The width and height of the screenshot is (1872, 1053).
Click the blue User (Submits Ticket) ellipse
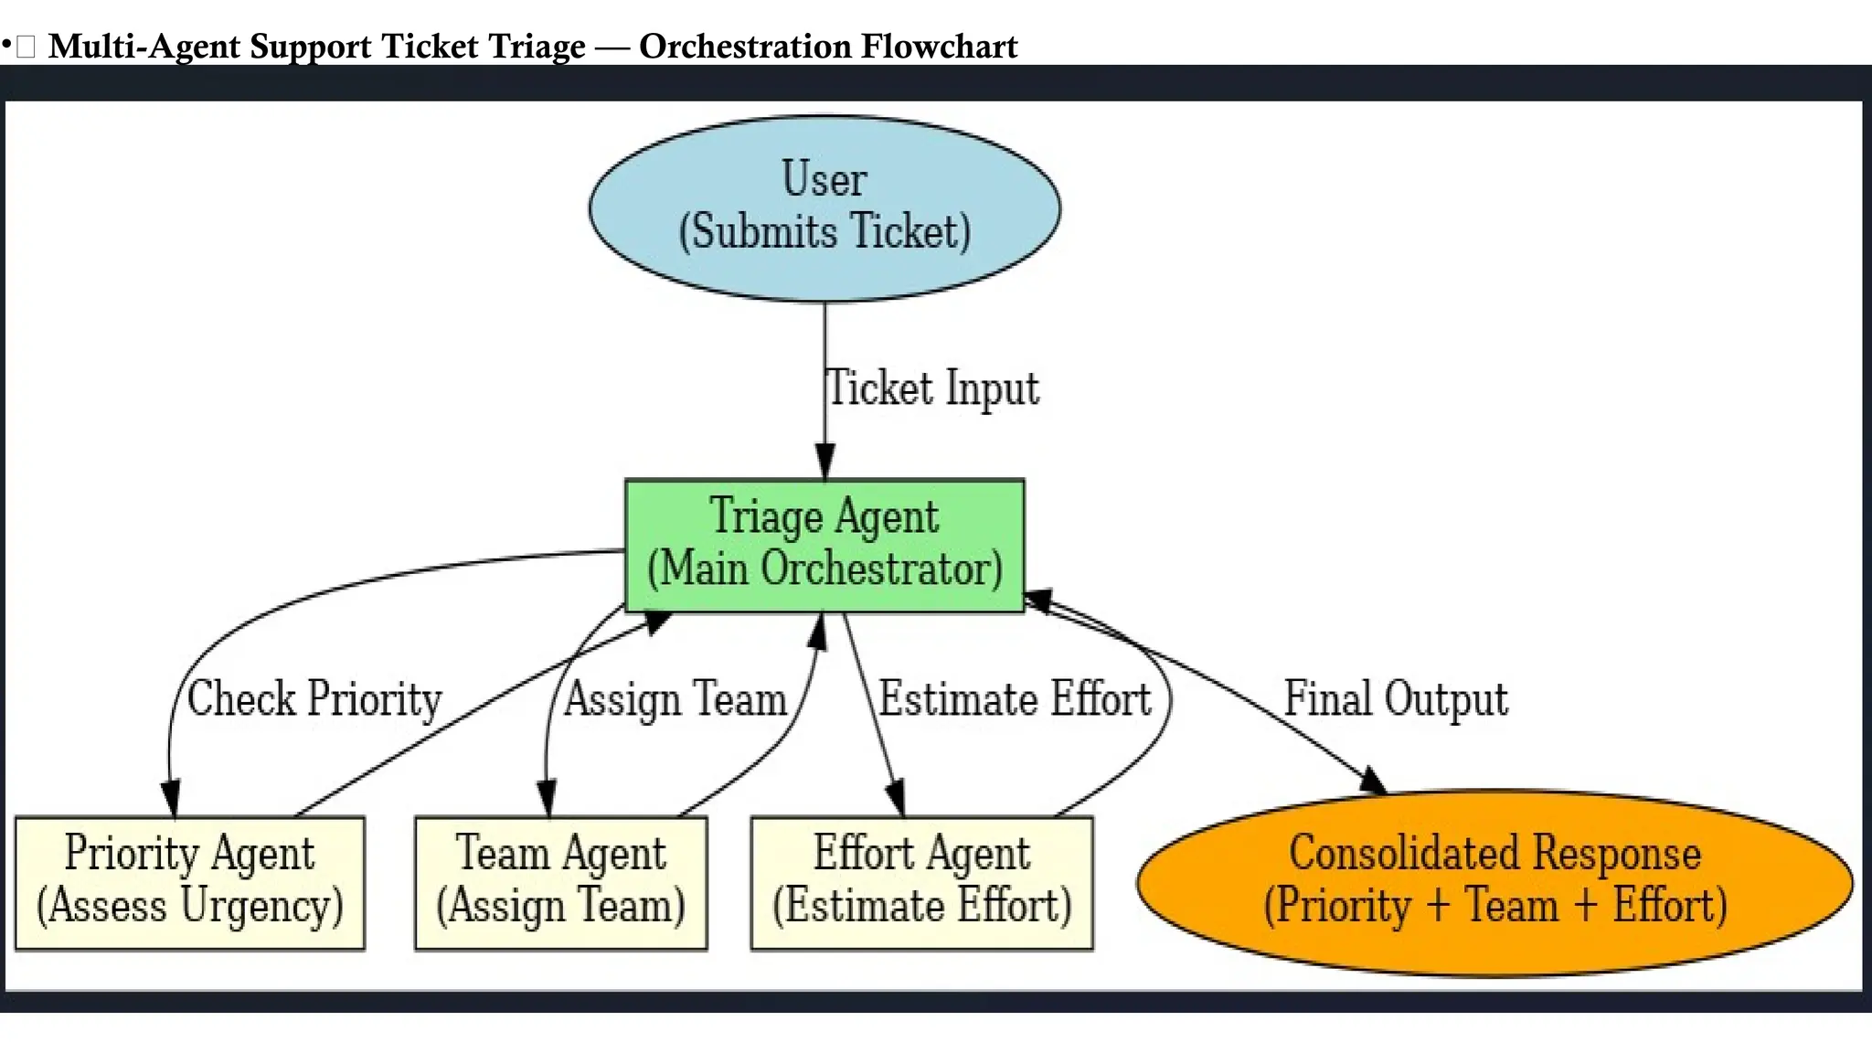tap(824, 208)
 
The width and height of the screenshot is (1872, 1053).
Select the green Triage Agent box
tap(824, 545)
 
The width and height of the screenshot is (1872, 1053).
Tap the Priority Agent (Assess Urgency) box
tap(190, 882)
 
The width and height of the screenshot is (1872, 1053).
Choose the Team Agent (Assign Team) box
tap(560, 882)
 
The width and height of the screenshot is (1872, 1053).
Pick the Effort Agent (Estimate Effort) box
tap(921, 882)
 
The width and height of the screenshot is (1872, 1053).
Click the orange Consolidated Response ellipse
tap(1494, 882)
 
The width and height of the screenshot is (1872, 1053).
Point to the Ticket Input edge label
tap(932, 388)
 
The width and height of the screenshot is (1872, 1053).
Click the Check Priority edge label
tap(314, 699)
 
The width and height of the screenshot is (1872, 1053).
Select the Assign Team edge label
tap(675, 699)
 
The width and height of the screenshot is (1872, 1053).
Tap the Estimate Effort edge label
tap(1015, 699)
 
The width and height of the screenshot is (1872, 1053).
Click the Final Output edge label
tap(1396, 699)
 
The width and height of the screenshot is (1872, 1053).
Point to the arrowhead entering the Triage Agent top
tap(824, 463)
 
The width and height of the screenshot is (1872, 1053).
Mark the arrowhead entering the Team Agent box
tap(547, 799)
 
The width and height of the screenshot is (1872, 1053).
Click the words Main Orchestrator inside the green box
tap(824, 569)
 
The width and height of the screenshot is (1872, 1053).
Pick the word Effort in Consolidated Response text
tap(1669, 906)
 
